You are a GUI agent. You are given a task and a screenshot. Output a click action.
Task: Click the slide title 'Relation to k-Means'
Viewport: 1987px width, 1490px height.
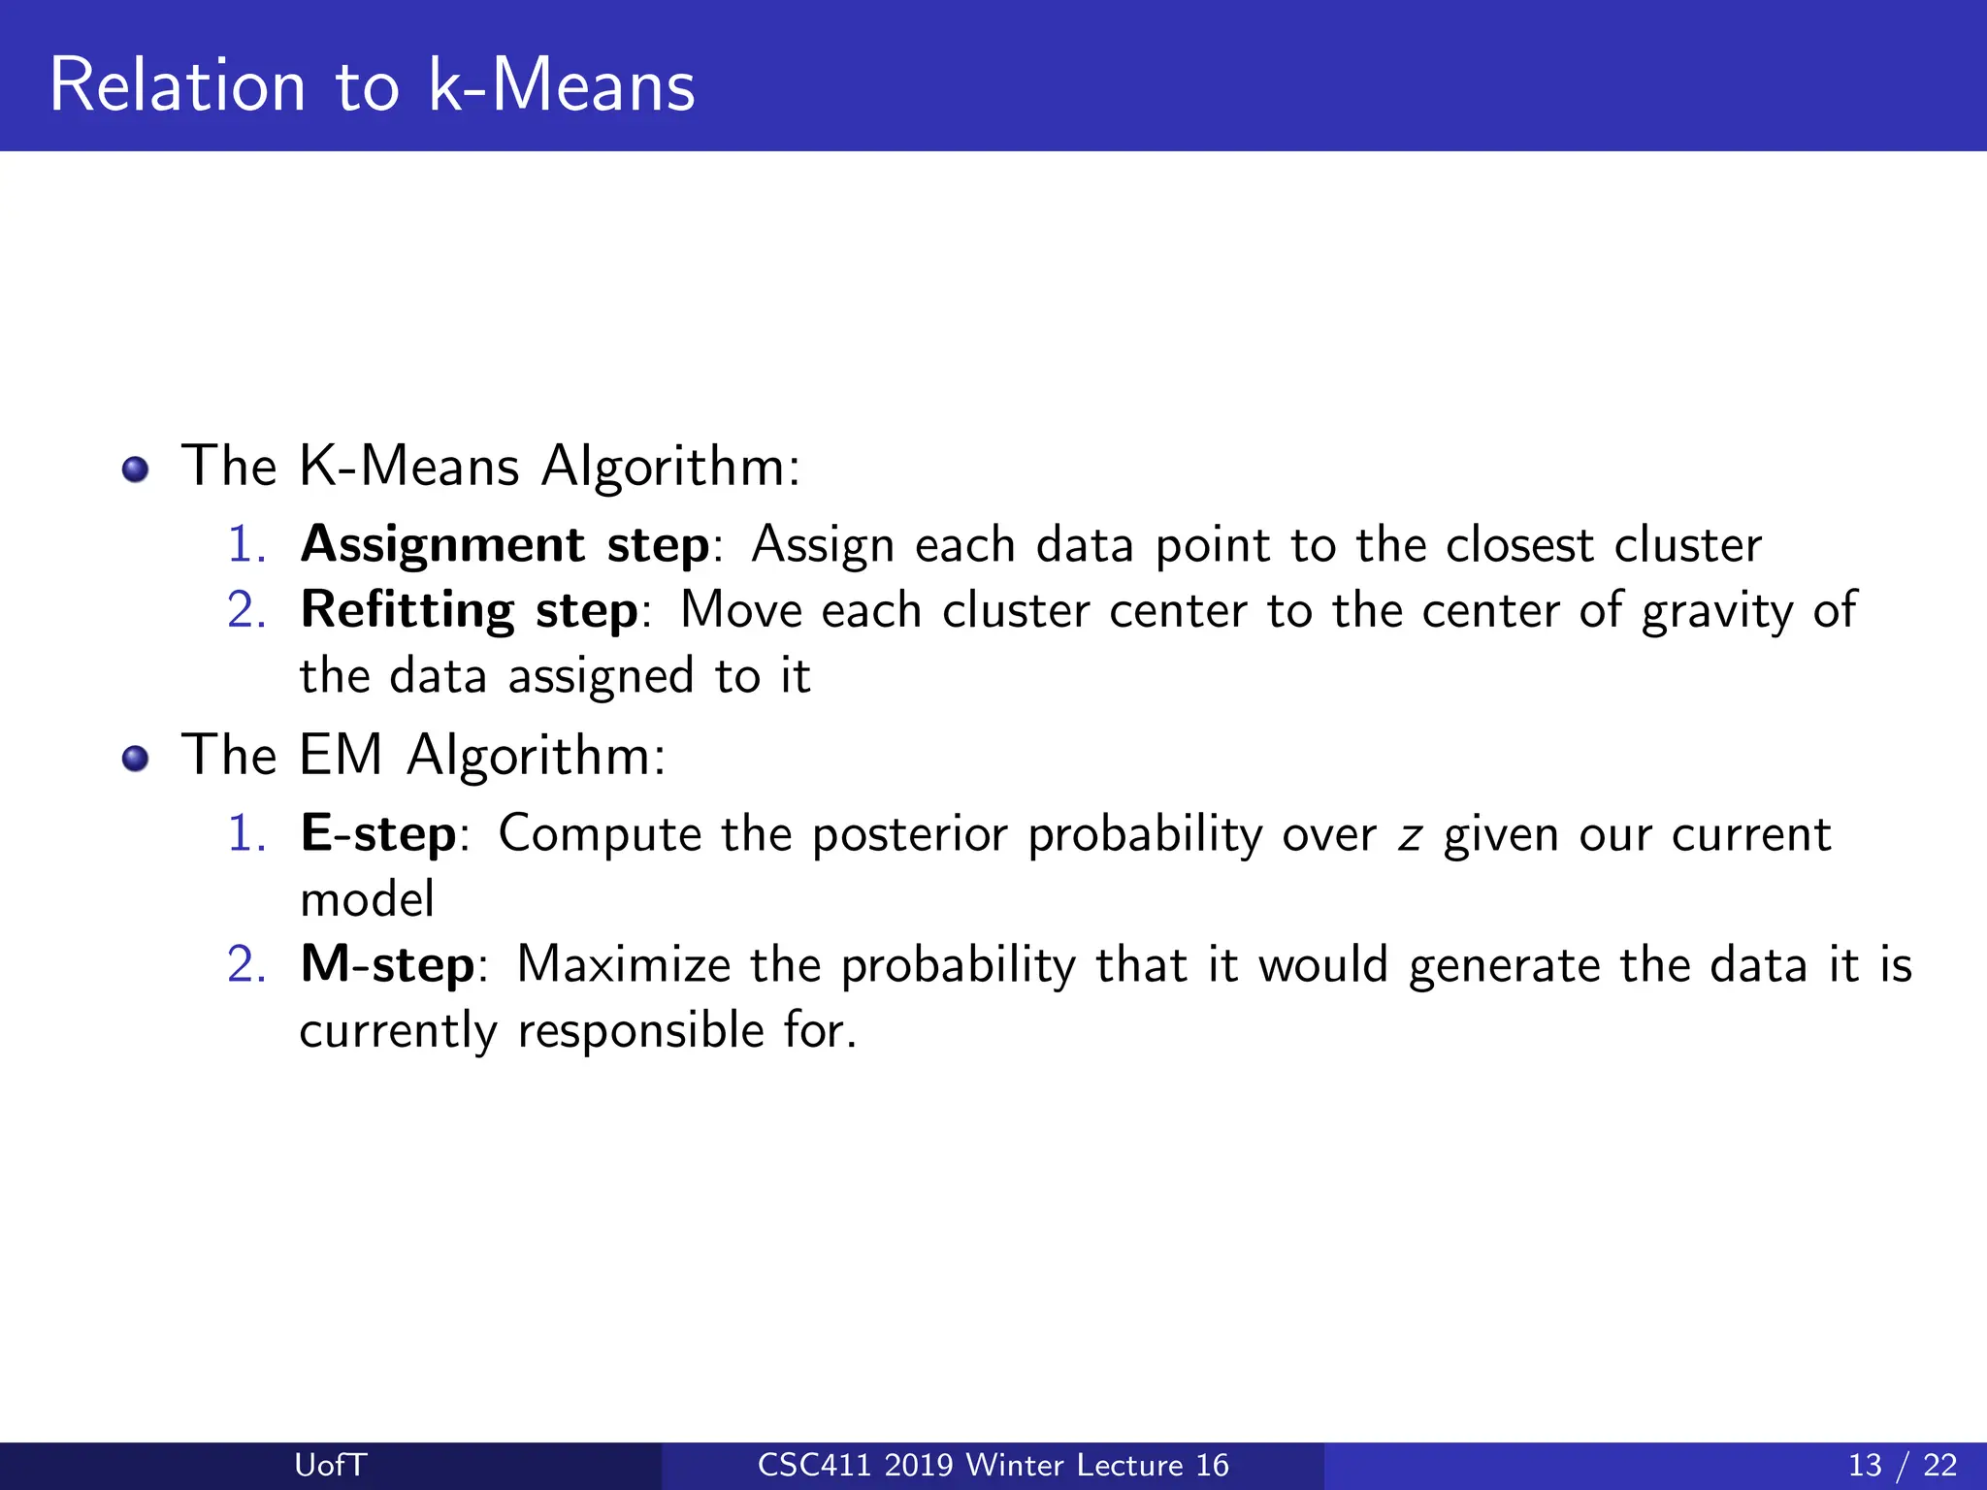point(372,85)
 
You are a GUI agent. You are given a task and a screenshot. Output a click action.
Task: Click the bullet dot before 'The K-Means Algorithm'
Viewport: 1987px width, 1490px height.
point(136,470)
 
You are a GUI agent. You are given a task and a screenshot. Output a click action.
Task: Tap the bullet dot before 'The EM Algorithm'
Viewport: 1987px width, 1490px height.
point(136,759)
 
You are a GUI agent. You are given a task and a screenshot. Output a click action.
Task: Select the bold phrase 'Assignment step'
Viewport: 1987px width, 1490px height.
point(505,545)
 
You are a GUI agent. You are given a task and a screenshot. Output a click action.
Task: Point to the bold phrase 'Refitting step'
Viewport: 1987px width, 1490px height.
point(469,611)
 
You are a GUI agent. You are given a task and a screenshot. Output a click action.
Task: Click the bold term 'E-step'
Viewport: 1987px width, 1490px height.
point(378,834)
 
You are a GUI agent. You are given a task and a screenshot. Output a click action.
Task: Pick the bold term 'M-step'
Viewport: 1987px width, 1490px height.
point(387,965)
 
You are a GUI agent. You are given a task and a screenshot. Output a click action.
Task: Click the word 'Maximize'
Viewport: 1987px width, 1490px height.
point(623,965)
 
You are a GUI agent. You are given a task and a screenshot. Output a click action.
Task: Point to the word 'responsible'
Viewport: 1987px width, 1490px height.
point(640,1031)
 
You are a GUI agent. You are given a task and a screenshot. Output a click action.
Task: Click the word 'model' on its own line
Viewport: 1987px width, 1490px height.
point(367,900)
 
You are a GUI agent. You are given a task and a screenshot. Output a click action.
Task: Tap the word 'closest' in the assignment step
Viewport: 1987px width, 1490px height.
point(1519,545)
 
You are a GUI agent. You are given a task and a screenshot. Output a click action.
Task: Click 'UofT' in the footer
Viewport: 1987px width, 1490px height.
point(330,1465)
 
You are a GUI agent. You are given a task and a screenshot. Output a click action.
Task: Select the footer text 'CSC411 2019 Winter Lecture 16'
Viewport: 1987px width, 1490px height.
point(993,1465)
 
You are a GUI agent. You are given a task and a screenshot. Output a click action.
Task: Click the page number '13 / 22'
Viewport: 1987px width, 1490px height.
point(1902,1465)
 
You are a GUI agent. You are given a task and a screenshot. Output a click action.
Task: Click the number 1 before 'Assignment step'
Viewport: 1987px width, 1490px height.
point(245,545)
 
